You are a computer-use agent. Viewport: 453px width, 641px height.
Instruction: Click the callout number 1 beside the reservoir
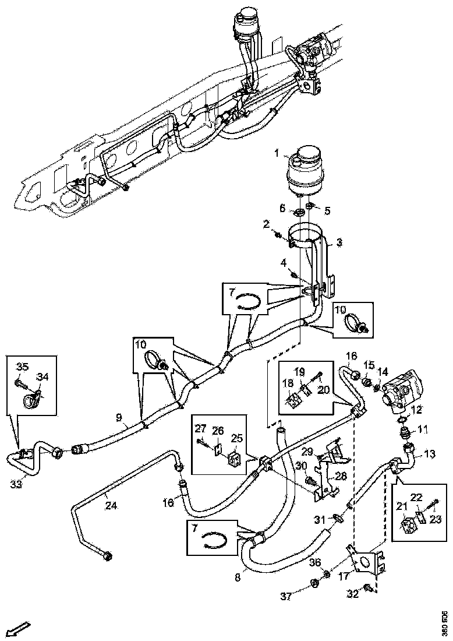click(277, 153)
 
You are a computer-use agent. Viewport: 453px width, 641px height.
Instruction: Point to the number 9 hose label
click(119, 417)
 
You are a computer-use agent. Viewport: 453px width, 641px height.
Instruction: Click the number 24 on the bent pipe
click(111, 506)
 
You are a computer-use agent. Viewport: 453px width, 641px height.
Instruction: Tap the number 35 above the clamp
click(22, 367)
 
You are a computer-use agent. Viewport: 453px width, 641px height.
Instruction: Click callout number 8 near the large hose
click(237, 578)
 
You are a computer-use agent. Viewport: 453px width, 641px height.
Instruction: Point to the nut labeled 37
click(314, 583)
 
